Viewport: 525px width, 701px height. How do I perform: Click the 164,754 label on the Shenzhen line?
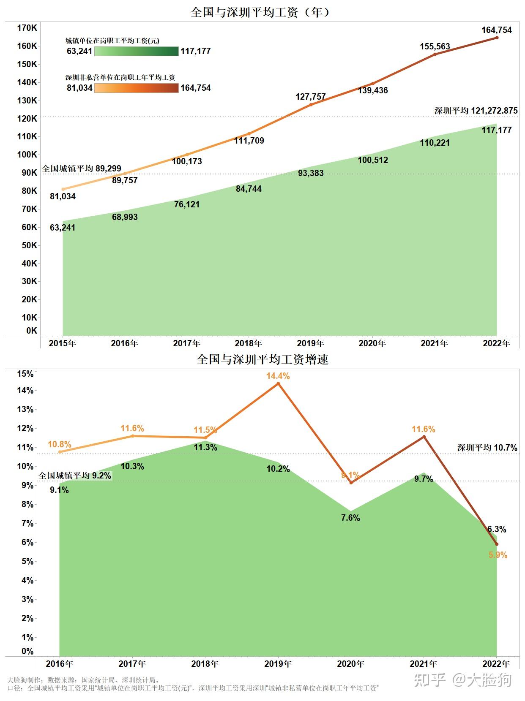tap(496, 30)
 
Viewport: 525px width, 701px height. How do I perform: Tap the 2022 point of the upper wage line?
tap(497, 38)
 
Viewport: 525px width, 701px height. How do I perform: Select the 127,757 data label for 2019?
tap(310, 97)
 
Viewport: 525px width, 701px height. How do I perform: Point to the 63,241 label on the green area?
tap(63, 228)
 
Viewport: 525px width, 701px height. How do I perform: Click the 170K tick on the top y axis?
tap(27, 28)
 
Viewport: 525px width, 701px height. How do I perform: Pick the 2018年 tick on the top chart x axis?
tap(248, 343)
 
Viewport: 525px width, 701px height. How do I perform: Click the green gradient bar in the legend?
tap(136, 52)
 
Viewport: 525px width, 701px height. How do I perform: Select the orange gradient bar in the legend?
tap(136, 88)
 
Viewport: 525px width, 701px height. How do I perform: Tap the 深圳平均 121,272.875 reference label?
tap(476, 111)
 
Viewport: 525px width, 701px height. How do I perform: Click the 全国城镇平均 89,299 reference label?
tap(82, 168)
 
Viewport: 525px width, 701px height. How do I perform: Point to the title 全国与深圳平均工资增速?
tap(262, 359)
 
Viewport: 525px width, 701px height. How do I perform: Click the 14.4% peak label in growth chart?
tap(278, 376)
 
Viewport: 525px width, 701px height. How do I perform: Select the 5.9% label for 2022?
tap(498, 555)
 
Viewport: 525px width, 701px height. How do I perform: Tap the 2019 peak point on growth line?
tap(278, 383)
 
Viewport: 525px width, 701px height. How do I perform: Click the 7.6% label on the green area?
tap(350, 518)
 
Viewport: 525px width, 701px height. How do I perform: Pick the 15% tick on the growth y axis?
tap(25, 374)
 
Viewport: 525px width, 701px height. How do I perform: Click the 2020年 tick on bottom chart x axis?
tap(350, 664)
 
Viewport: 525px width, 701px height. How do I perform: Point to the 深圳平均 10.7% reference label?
tap(487, 448)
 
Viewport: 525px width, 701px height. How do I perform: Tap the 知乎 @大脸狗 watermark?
tap(462, 680)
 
